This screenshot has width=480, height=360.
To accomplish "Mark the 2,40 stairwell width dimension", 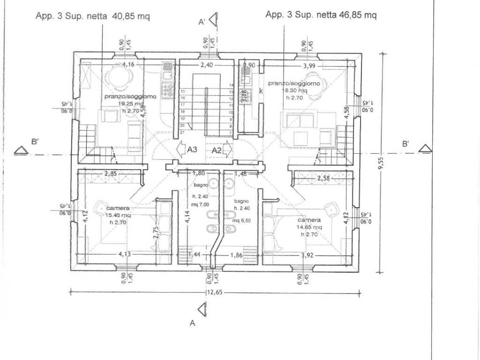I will pyautogui.click(x=207, y=65).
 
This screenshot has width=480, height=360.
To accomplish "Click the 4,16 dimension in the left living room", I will pyautogui.click(x=129, y=65).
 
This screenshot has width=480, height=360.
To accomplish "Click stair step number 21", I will pyautogui.click(x=182, y=133).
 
